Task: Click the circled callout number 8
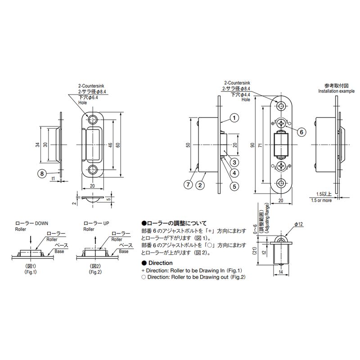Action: pos(42,173)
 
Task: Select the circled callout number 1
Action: pos(234,118)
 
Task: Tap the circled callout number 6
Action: pos(301,132)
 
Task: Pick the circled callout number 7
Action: pos(188,184)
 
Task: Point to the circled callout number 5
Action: pos(234,186)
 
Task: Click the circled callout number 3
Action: pos(234,162)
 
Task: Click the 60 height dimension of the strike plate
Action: pos(118,145)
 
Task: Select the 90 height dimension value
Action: pos(252,145)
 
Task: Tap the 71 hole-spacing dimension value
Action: pos(260,145)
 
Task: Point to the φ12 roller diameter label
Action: pos(299,224)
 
